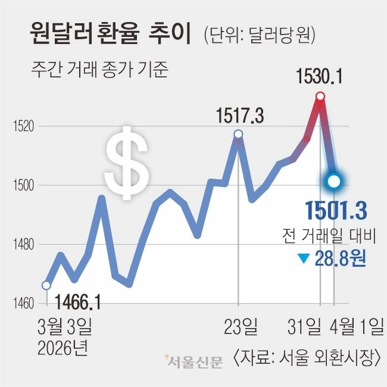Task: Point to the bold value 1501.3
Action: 335,210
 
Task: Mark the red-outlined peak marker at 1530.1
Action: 320,96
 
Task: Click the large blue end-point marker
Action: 334,180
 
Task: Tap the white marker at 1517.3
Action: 238,134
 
